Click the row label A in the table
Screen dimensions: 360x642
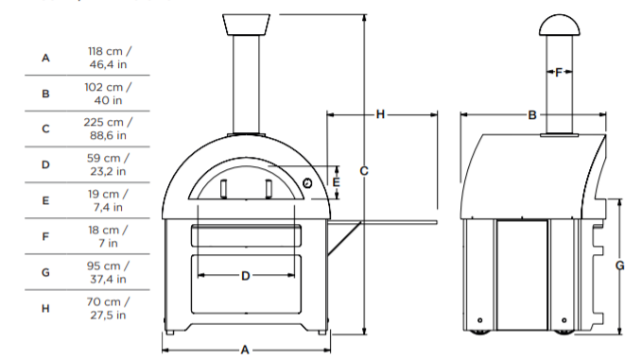[x=45, y=57]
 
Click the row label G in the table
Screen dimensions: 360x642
[x=45, y=272]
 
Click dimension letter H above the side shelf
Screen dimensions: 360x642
[x=380, y=114]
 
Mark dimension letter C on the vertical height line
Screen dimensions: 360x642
[x=364, y=171]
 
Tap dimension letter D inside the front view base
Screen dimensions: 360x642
[x=245, y=276]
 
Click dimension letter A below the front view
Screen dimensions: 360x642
[x=244, y=350]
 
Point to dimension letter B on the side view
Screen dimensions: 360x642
[x=532, y=114]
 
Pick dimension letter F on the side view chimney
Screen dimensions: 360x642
[x=558, y=72]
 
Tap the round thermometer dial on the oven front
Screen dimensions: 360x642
[x=308, y=182]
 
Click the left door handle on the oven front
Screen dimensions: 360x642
[x=224, y=188]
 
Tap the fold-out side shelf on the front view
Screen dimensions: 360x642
[x=383, y=223]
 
